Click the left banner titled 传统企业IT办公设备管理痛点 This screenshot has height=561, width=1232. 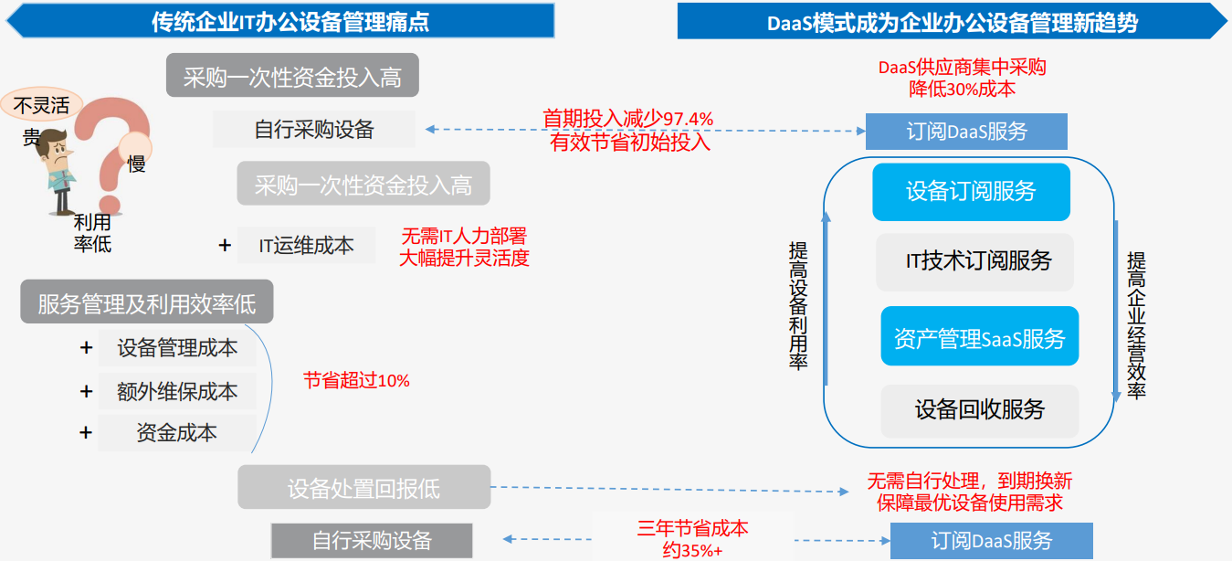pos(280,21)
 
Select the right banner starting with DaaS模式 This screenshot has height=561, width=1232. pos(953,21)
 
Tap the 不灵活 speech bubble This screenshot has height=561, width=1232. pos(42,104)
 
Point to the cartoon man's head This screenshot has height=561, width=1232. pos(55,145)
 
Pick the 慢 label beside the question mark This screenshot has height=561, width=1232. pos(136,164)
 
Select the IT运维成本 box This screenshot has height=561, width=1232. pos(306,245)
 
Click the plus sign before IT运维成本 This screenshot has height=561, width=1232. pos(225,245)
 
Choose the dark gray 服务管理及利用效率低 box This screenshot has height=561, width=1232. pos(147,302)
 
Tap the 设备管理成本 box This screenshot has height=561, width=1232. pos(177,348)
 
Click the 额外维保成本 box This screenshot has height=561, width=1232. pos(177,392)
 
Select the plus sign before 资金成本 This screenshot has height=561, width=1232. pos(86,432)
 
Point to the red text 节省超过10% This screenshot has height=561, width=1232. pos(356,380)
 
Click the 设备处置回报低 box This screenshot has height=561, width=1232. pos(364,487)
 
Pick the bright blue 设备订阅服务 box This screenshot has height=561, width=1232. pos(972,191)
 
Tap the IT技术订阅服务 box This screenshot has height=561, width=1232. pos(975,262)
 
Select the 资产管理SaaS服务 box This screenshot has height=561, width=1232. pos(980,336)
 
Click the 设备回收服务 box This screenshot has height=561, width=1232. pos(980,410)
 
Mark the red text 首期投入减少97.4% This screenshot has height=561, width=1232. pos(627,119)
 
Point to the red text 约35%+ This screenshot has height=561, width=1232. pos(692,549)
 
